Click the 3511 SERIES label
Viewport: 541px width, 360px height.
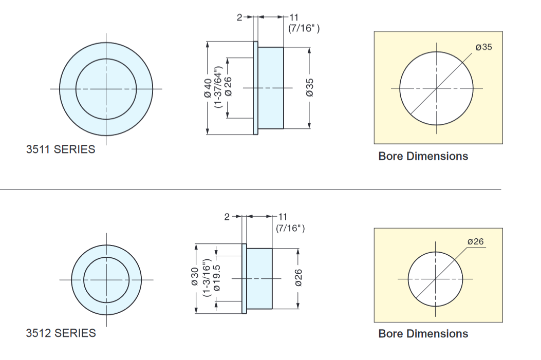point(61,149)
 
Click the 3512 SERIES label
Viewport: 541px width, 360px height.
point(61,333)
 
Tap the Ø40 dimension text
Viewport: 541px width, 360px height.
point(208,88)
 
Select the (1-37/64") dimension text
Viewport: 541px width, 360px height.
point(218,87)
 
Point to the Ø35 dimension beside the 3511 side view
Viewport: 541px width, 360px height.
point(310,88)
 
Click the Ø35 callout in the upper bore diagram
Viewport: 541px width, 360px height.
point(484,47)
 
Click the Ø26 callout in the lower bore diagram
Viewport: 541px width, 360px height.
point(475,242)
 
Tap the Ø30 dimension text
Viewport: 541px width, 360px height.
point(195,276)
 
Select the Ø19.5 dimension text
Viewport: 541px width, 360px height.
point(217,278)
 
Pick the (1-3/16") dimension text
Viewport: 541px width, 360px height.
point(207,278)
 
